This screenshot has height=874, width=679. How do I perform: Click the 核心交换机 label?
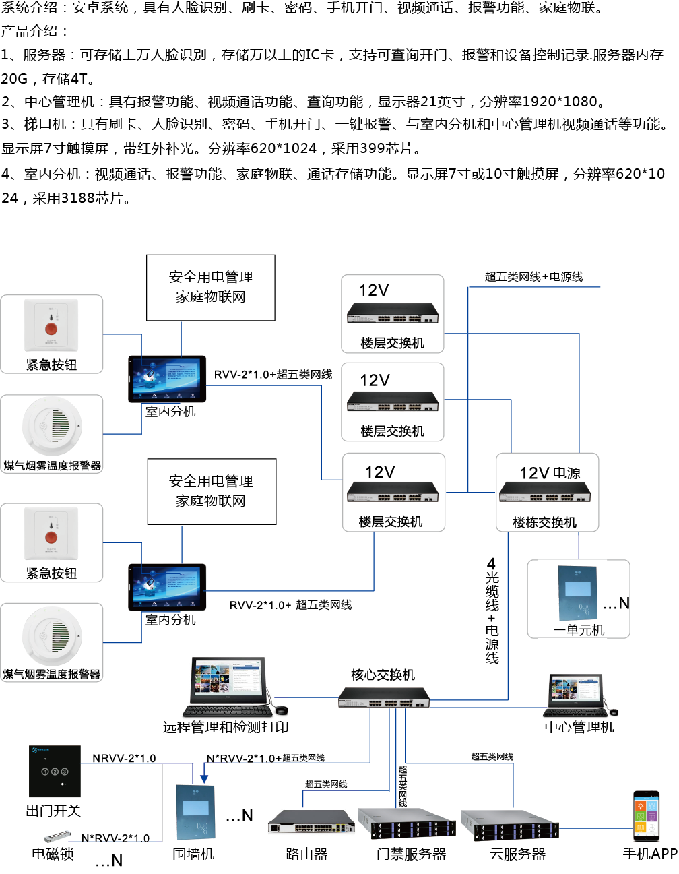click(383, 675)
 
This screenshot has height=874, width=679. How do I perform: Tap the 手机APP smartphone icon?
click(646, 816)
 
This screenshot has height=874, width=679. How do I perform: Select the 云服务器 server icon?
click(509, 824)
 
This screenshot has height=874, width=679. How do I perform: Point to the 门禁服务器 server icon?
click(406, 824)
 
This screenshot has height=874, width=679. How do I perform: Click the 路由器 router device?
click(311, 823)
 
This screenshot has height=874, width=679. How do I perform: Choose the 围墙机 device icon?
click(195, 812)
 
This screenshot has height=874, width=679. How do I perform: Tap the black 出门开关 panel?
click(55, 771)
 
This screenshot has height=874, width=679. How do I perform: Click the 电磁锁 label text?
click(53, 854)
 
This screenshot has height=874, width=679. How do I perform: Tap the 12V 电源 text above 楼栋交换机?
click(550, 473)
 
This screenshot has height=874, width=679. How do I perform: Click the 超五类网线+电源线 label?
click(533, 276)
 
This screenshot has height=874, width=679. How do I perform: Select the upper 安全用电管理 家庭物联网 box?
click(211, 287)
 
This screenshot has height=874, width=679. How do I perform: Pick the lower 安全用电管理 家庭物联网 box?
click(212, 491)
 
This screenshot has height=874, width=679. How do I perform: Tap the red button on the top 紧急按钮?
click(51, 328)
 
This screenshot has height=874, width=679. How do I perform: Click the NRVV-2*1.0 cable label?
click(124, 758)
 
